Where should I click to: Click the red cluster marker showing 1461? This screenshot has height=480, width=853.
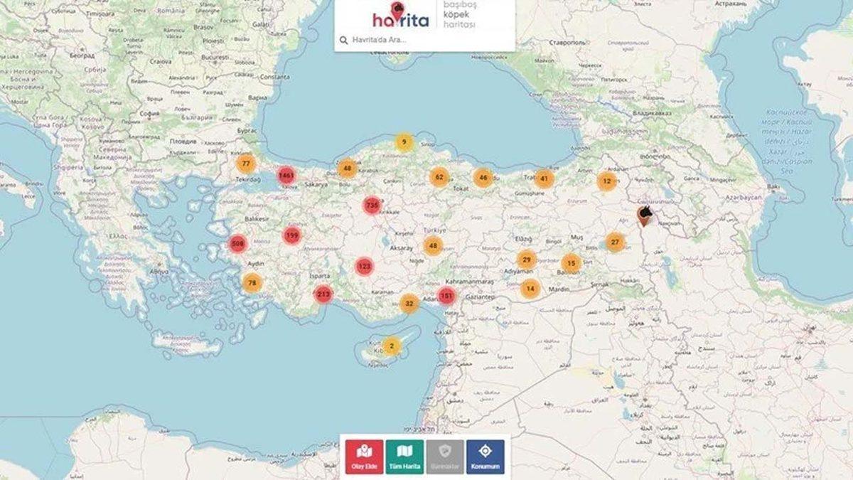point(286,175)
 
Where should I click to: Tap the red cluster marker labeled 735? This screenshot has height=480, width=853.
point(372,206)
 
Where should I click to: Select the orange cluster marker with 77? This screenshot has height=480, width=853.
point(246,164)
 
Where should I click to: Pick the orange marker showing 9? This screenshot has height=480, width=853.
point(404,143)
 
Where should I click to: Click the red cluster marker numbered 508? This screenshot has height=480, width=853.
point(237,244)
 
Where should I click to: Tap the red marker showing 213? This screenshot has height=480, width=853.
point(323,294)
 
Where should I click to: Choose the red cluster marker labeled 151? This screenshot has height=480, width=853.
point(446,295)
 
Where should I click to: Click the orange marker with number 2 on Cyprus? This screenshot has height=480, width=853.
point(392,346)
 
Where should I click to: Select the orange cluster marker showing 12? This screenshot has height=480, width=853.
point(606,181)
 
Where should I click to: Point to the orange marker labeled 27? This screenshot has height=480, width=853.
point(616,242)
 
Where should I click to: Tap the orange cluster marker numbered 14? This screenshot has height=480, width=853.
point(530,289)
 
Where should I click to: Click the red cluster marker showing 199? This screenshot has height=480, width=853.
point(291,235)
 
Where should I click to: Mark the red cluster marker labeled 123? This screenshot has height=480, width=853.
point(364,267)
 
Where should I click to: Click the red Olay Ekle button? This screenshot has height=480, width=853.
point(365,457)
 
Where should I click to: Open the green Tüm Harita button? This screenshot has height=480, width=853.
point(405,457)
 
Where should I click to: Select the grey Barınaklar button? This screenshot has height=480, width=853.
point(445,457)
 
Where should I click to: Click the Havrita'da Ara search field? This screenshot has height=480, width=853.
point(426,40)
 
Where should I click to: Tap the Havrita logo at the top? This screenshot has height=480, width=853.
point(401,16)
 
